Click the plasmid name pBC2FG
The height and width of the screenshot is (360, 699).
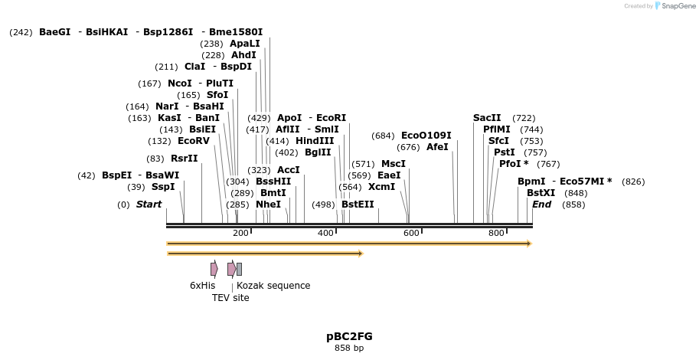[x=349, y=336]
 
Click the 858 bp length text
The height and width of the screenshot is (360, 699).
[x=349, y=349]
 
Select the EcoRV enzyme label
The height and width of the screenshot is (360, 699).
[x=193, y=141]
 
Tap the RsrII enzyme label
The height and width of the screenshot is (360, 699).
[x=184, y=159]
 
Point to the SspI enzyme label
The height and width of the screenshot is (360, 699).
[x=163, y=187]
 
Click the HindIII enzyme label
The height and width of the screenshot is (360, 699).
[x=315, y=141]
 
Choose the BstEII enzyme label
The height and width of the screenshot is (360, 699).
[x=358, y=205]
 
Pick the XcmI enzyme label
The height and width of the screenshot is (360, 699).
[x=381, y=187]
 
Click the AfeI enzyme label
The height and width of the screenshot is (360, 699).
[x=437, y=147]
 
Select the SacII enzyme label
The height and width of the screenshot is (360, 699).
[x=487, y=118]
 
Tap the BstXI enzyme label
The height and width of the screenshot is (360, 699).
[x=541, y=193]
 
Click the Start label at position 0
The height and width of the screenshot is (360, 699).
[x=149, y=205]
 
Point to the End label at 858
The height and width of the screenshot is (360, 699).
[x=541, y=205]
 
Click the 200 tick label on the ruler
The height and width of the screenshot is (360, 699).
[x=240, y=233]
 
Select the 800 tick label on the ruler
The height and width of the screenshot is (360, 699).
[x=496, y=233]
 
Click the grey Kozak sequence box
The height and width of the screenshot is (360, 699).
[x=239, y=269]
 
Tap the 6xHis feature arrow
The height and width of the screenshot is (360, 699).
[x=214, y=269]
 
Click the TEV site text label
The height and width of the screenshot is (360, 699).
[x=230, y=298]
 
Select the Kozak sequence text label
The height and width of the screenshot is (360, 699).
[x=273, y=286]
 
